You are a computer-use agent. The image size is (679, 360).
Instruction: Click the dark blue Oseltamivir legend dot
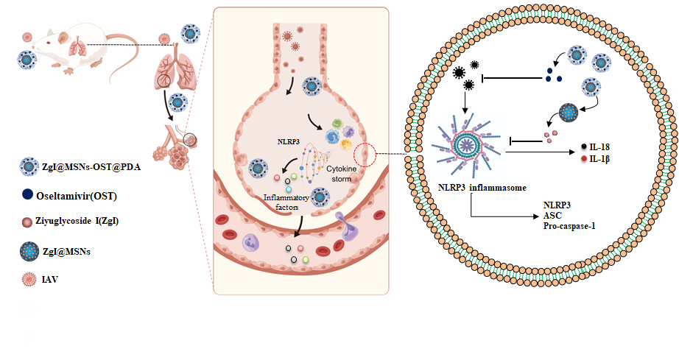[27, 196]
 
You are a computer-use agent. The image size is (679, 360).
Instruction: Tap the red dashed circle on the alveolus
[369, 155]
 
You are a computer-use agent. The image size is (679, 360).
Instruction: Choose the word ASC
[552, 216]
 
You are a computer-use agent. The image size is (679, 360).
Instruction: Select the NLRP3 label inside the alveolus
[288, 139]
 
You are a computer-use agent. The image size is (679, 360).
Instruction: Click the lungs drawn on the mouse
[76, 47]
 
